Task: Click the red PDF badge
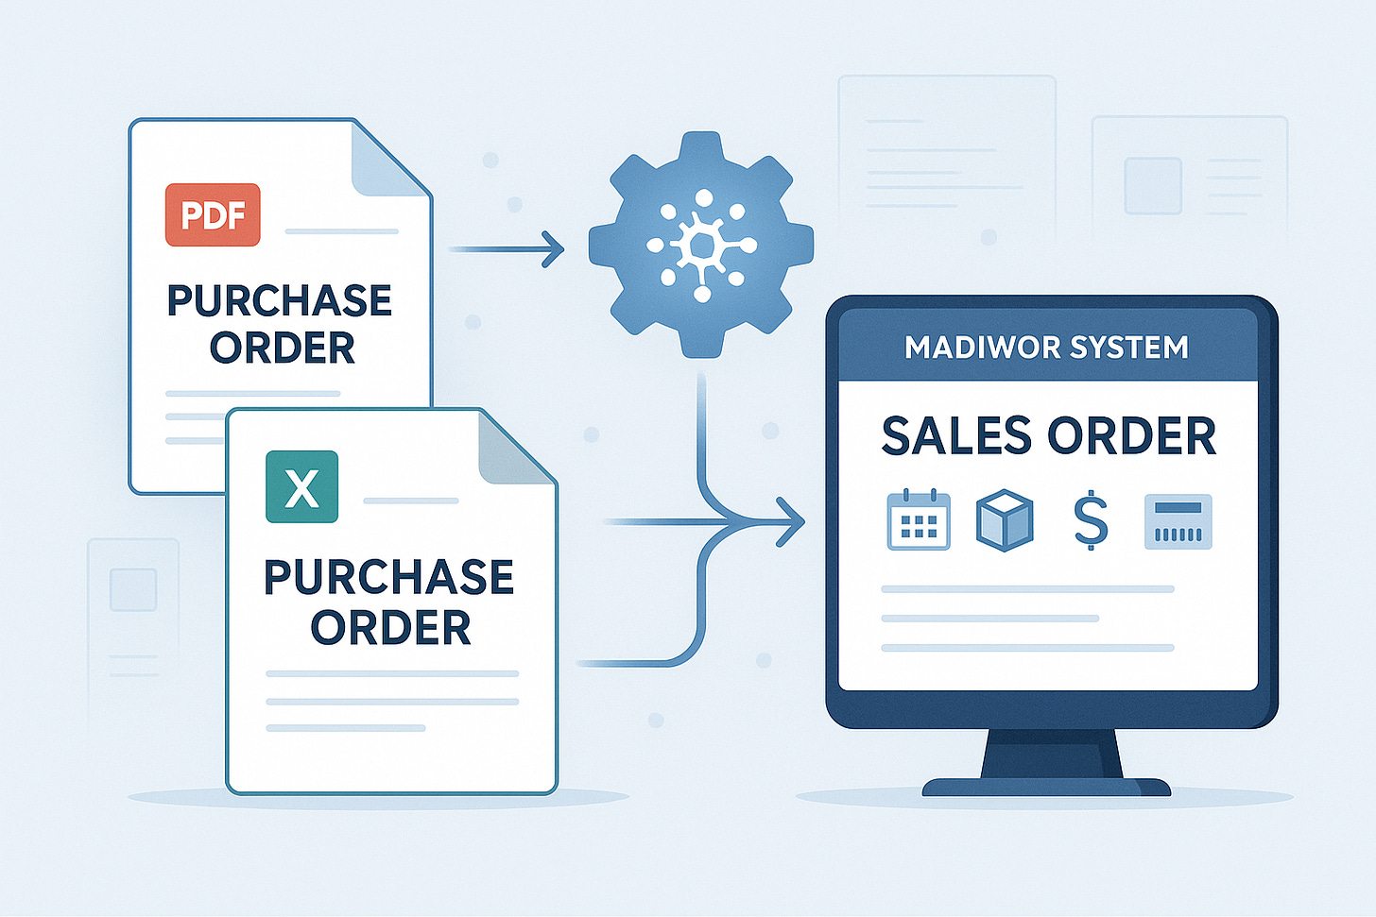213,215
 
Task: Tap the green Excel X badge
301,487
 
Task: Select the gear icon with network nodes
701,245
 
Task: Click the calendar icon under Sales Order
919,519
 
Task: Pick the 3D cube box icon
1004,520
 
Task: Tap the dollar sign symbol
1091,520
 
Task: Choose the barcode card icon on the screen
1178,521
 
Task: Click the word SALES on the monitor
956,436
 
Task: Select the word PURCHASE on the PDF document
280,301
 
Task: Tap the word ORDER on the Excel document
390,628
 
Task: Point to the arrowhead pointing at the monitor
791,521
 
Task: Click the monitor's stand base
1046,787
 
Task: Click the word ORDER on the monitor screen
1131,436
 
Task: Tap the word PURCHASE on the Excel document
389,577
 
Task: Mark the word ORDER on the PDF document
283,348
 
